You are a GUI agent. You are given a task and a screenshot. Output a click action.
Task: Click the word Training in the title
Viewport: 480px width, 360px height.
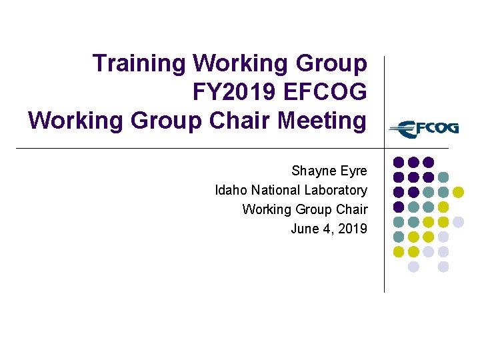tap(140, 64)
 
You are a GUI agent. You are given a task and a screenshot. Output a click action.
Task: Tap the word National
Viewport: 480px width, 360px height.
tap(275, 191)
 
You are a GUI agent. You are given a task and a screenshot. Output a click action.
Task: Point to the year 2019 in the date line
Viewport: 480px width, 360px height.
tap(353, 229)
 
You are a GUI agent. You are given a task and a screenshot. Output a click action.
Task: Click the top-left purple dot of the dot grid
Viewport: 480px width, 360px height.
tap(398, 162)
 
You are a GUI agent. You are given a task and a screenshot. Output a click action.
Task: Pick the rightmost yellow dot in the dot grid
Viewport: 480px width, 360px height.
tap(458, 192)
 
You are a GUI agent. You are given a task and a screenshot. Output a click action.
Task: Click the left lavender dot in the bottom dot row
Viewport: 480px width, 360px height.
tap(413, 267)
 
